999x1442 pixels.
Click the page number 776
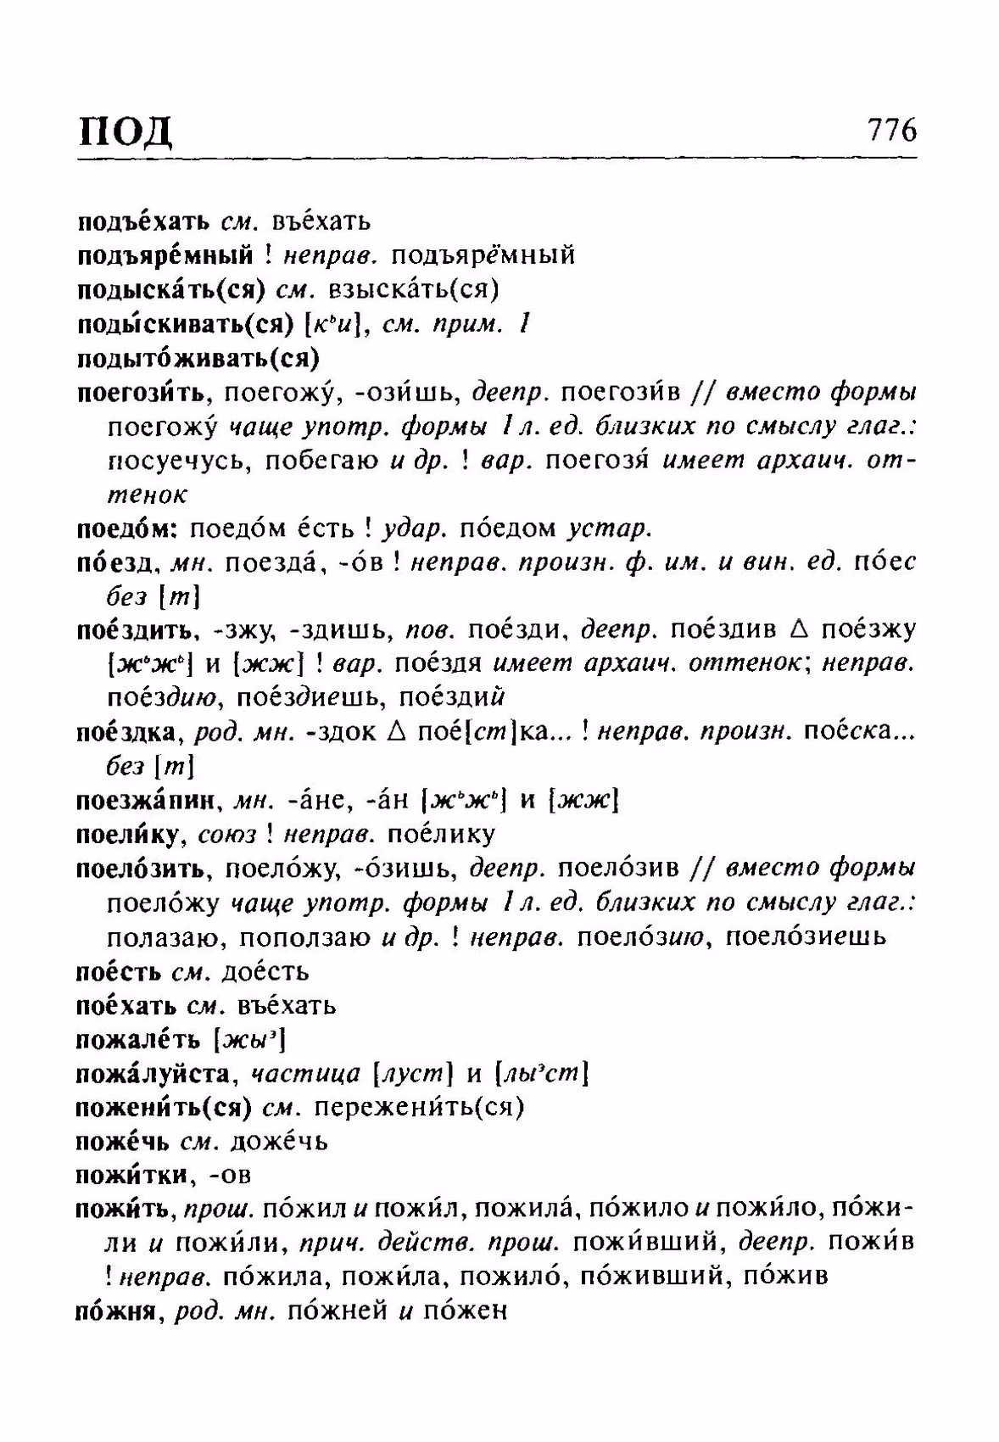click(x=890, y=131)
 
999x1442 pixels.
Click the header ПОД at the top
click(x=126, y=131)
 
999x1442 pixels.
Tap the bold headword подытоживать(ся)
click(x=198, y=359)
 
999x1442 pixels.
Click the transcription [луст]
click(x=414, y=1074)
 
